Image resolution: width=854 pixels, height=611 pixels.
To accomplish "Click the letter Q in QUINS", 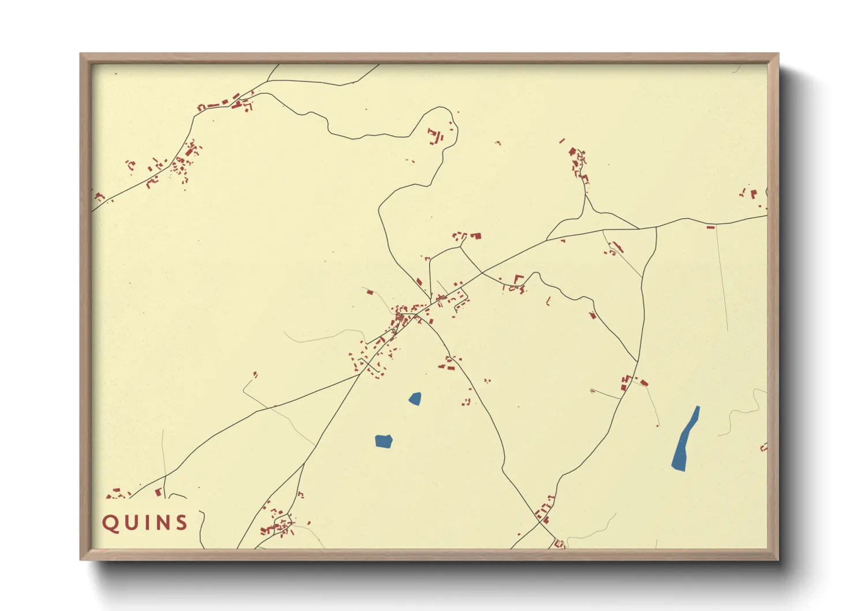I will (110, 523).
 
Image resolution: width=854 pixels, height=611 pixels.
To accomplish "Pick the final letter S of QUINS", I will (181, 523).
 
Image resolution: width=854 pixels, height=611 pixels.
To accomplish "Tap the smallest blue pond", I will (415, 398).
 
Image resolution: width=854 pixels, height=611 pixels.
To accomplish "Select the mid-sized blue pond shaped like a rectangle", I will (383, 441).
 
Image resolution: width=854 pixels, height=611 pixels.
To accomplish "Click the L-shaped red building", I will (518, 279).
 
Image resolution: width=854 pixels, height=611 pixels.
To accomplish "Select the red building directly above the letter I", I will (158, 492).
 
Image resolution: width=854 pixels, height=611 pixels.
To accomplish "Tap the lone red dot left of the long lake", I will (657, 426).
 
